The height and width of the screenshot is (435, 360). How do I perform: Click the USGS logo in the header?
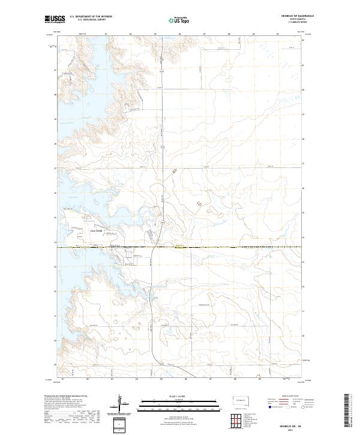55,19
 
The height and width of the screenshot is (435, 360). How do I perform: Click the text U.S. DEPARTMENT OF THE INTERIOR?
91,17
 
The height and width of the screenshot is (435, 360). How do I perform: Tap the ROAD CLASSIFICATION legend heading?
288,397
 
